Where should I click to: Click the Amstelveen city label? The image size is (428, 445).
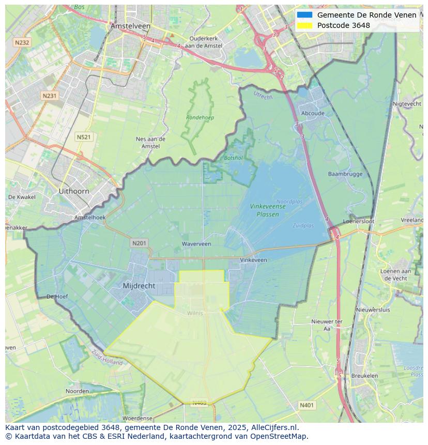click(x=130, y=26)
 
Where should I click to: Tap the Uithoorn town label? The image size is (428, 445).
click(x=74, y=191)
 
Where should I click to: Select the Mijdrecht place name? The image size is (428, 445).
click(x=139, y=286)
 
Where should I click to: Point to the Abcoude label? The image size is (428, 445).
click(x=313, y=114)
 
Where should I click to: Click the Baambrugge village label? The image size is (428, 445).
click(x=345, y=174)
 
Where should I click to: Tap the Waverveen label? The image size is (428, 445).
click(x=196, y=244)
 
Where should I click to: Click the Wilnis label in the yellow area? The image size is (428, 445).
click(x=195, y=313)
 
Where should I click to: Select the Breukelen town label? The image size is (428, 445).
click(x=364, y=376)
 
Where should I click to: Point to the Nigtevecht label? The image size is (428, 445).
click(x=407, y=104)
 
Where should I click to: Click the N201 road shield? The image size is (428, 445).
click(x=139, y=243)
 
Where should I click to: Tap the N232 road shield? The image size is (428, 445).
click(x=22, y=42)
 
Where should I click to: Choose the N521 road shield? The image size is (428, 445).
click(x=83, y=137)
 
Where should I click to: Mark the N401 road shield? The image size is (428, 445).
click(x=307, y=406)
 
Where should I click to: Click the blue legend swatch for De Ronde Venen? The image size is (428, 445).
click(x=304, y=15)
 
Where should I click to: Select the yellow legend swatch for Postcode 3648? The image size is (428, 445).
click(x=304, y=25)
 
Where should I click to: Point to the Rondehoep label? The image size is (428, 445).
click(x=200, y=118)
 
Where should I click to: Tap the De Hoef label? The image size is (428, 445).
click(x=57, y=297)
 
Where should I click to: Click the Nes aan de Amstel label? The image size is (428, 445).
click(x=150, y=142)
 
